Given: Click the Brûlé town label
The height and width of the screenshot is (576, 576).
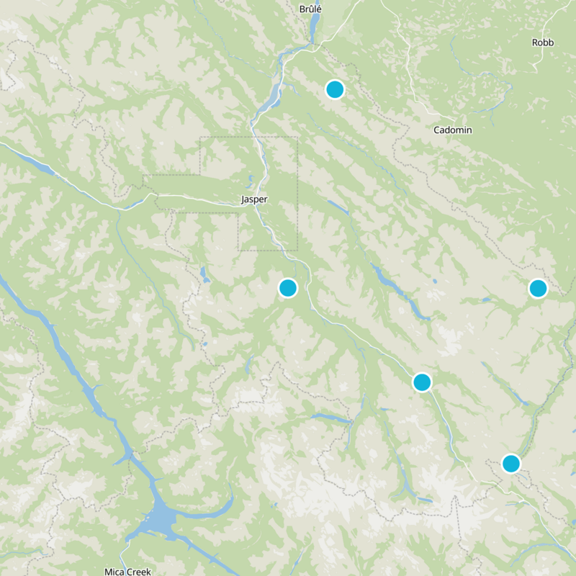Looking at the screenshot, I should point(310,9).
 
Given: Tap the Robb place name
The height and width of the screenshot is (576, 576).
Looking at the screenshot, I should point(543,42).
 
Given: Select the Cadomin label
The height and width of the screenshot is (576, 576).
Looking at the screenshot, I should point(453,130).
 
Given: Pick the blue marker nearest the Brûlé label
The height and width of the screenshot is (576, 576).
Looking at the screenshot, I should point(335,89).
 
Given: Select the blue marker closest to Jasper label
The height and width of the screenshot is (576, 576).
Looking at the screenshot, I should point(288,288).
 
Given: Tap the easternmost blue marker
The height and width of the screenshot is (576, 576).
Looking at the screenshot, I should point(538,288).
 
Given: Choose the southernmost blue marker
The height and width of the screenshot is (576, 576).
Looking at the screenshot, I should point(511,463).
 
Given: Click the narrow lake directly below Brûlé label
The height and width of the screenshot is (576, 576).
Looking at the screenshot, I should point(314,29).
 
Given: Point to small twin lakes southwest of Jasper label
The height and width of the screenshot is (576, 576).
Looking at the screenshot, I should point(205,274).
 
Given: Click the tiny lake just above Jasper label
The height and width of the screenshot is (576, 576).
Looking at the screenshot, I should point(250,180).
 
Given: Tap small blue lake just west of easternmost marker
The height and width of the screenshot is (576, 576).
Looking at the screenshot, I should point(487,299).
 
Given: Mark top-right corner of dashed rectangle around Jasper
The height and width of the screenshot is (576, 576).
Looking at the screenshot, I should point(297,137).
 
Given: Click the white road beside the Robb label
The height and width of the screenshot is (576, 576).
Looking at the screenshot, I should point(538,61).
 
